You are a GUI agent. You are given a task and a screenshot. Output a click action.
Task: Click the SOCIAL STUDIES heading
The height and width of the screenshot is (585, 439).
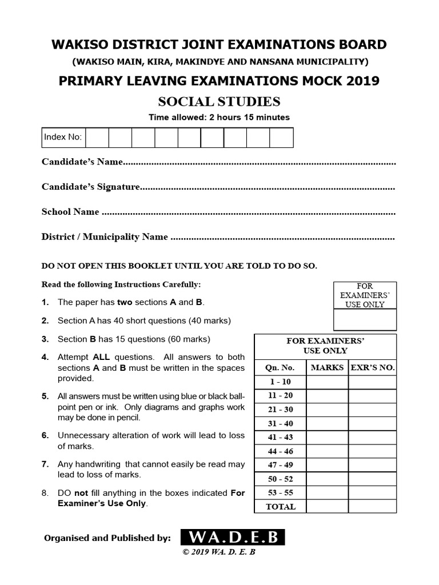point(219,102)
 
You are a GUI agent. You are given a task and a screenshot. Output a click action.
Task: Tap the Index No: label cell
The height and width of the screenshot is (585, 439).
point(63,137)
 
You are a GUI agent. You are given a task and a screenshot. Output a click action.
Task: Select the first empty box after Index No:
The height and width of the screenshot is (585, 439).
point(97,137)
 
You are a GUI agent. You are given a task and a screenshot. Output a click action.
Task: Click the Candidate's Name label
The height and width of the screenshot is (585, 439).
point(82,162)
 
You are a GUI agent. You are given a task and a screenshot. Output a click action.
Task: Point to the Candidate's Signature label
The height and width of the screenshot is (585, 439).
point(91,187)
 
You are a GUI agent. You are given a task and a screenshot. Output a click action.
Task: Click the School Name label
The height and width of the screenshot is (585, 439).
point(70,212)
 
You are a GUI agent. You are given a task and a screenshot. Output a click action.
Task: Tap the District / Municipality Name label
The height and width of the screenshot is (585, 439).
point(105,237)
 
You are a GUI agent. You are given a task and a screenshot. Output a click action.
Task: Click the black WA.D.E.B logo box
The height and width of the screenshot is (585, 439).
point(232,538)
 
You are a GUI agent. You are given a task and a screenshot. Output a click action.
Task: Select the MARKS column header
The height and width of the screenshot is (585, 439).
point(327,367)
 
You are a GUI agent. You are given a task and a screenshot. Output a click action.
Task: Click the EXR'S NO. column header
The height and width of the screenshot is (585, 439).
point(372,367)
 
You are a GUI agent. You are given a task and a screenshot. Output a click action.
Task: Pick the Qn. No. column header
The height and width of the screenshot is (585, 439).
point(280,367)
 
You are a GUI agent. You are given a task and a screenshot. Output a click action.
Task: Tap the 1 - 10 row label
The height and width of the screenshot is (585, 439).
point(280,382)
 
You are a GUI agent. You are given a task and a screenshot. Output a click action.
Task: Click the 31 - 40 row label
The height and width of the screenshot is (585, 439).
point(280,423)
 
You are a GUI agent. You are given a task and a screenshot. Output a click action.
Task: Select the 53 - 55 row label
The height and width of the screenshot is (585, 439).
point(280,492)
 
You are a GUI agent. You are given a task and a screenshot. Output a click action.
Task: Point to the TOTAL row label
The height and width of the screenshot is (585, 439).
point(280,507)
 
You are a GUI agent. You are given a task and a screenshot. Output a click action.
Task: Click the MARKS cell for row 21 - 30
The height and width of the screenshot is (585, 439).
point(327,410)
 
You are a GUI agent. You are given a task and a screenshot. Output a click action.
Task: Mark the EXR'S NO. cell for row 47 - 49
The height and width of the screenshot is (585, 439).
point(372,465)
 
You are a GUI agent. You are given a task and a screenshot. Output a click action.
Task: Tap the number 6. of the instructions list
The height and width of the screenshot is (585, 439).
point(45,435)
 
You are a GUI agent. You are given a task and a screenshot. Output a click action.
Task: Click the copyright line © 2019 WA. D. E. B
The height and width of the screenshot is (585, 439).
point(219,553)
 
